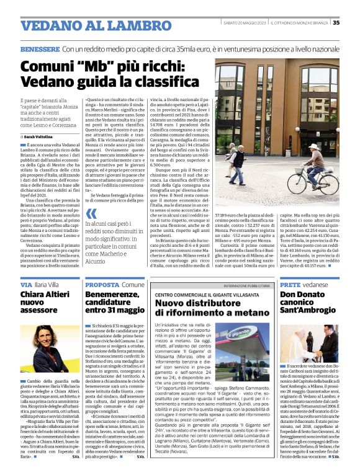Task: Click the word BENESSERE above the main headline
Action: tap(40, 48)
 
